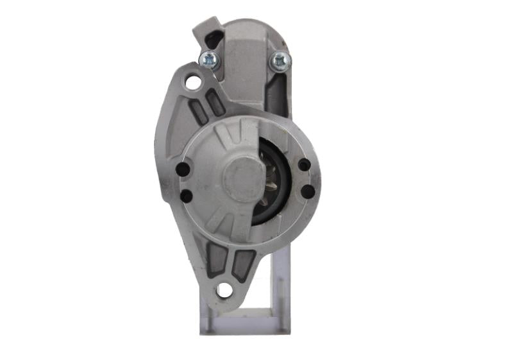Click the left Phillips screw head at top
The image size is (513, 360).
(x=209, y=60)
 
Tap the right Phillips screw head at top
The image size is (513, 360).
(x=280, y=61)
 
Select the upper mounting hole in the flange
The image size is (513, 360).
(x=192, y=82)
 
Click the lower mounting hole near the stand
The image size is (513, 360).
(x=224, y=290)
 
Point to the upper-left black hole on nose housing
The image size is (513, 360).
(x=183, y=170)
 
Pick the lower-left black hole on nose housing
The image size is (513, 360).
(x=186, y=196)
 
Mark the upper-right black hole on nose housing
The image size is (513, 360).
(x=304, y=165)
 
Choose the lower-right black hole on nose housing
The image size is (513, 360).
(x=307, y=191)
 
